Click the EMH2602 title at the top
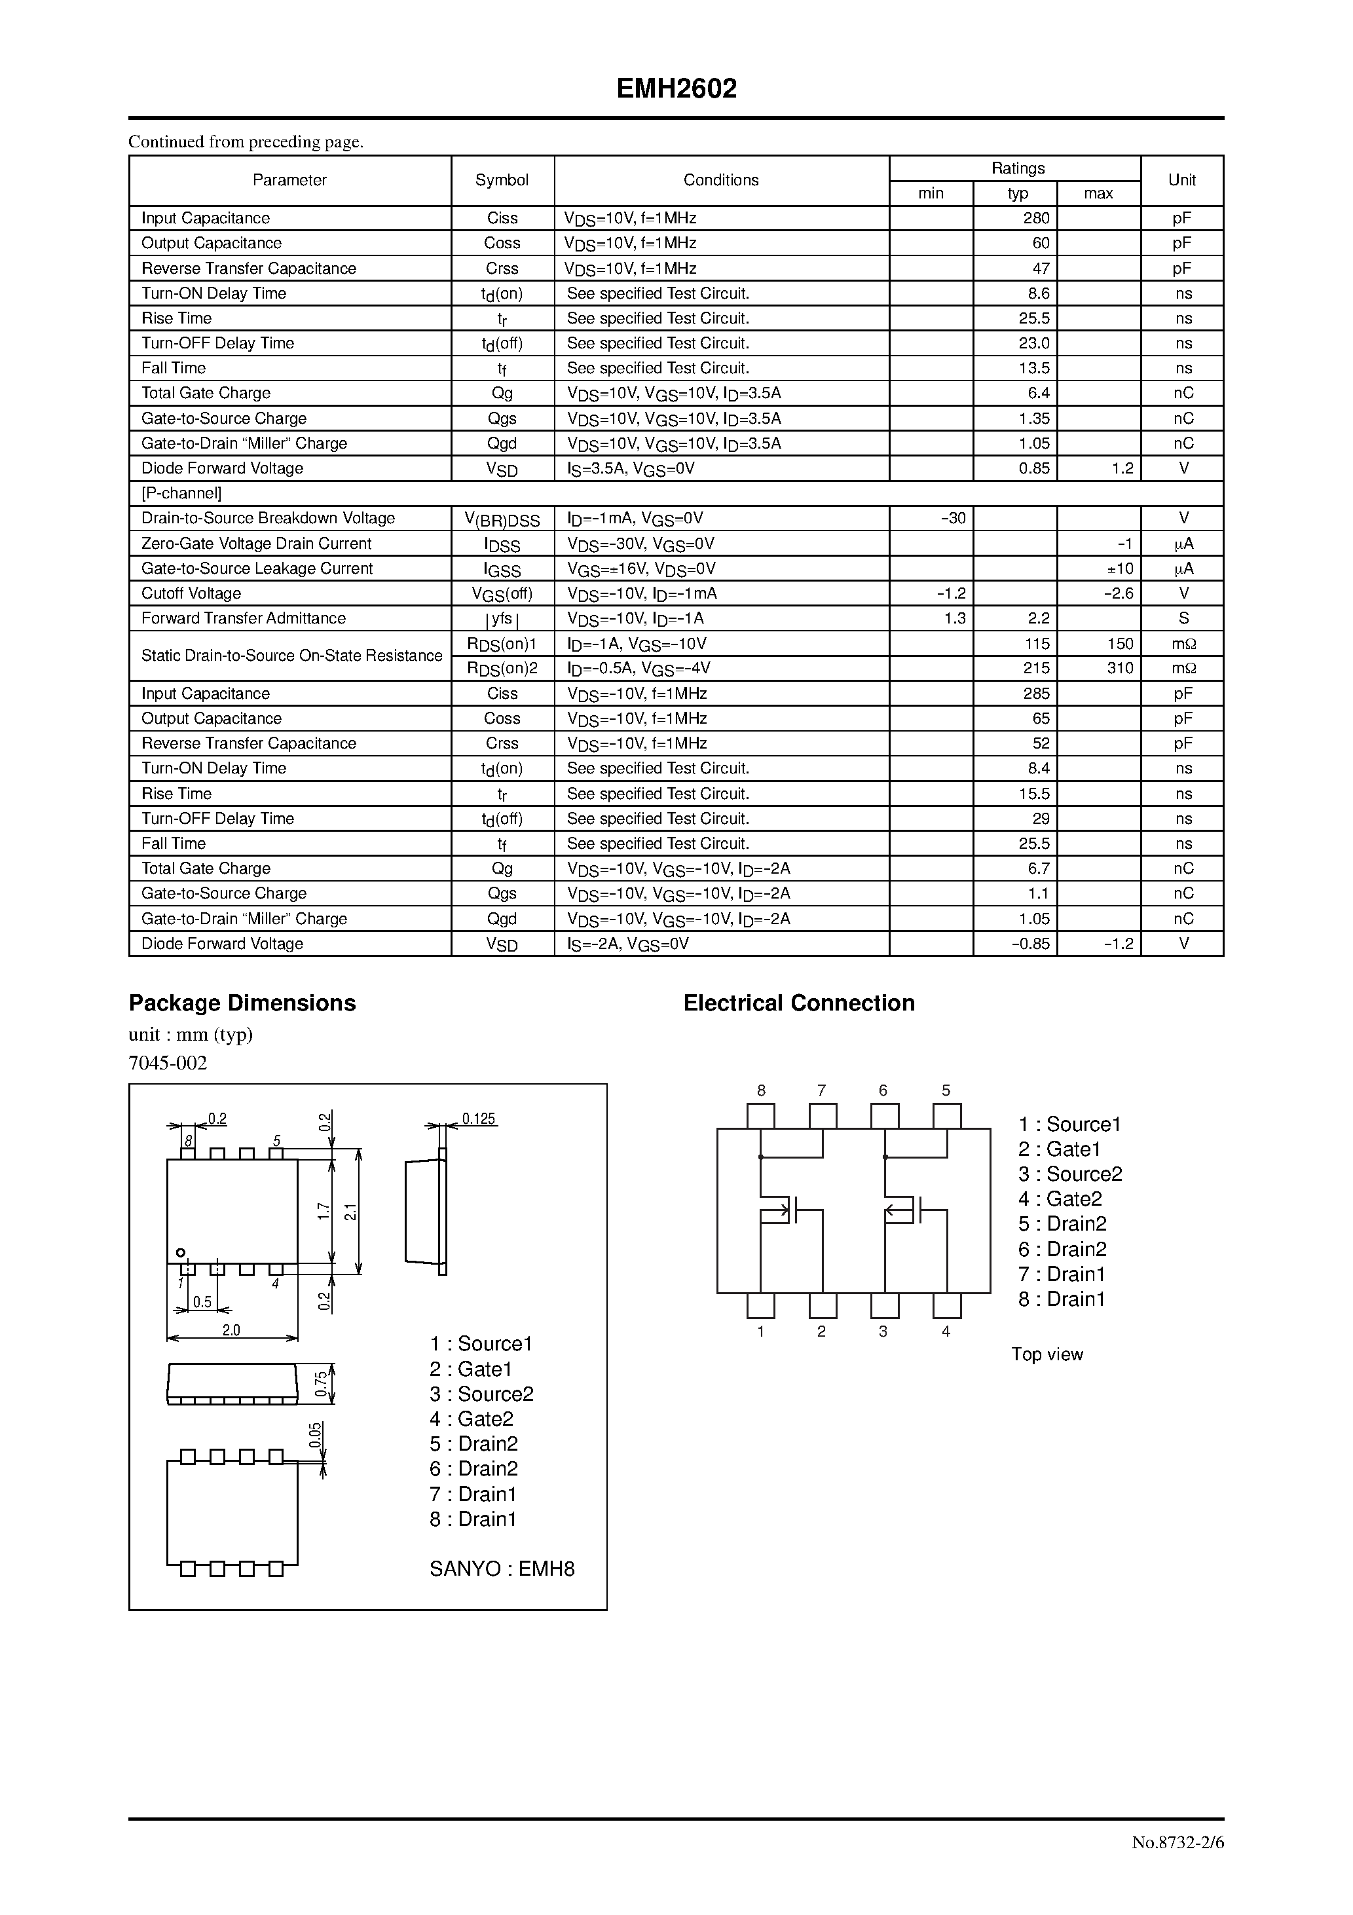[676, 89]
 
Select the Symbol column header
[502, 180]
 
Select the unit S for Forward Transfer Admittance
[1183, 618]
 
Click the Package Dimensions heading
[242, 1003]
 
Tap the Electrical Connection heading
[798, 1003]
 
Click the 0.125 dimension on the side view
[479, 1119]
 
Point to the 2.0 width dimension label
[231, 1330]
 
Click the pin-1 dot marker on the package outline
[179, 1253]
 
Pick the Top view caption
[1047, 1354]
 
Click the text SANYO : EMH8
[502, 1569]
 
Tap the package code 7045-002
[168, 1062]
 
